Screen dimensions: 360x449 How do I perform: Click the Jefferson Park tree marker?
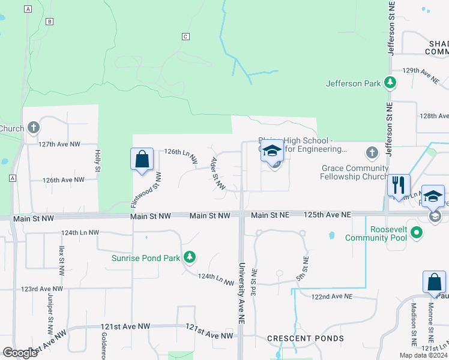391,83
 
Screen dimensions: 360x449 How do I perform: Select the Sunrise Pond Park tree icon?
190,257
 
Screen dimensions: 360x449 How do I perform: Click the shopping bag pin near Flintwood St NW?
142,160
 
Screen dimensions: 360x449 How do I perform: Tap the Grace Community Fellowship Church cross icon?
372,152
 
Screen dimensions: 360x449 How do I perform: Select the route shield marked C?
185,37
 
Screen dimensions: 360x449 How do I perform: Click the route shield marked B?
49,22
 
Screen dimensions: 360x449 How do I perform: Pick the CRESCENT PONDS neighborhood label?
306,338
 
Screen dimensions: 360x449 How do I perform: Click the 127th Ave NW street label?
59,144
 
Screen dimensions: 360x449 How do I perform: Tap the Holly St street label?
97,161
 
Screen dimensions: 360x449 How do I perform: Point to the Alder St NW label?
217,174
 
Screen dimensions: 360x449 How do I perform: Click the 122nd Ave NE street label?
331,296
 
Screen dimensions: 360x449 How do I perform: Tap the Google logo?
20,352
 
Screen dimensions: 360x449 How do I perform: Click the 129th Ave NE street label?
421,71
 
